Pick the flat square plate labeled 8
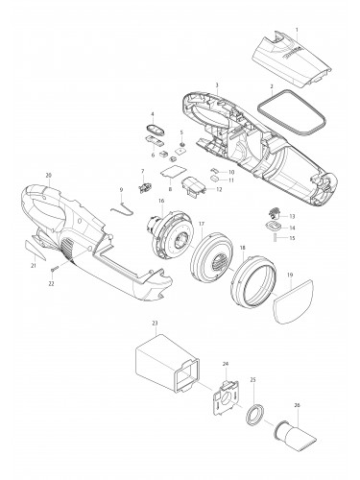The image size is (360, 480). (173, 174)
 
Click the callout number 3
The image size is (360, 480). (218, 85)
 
